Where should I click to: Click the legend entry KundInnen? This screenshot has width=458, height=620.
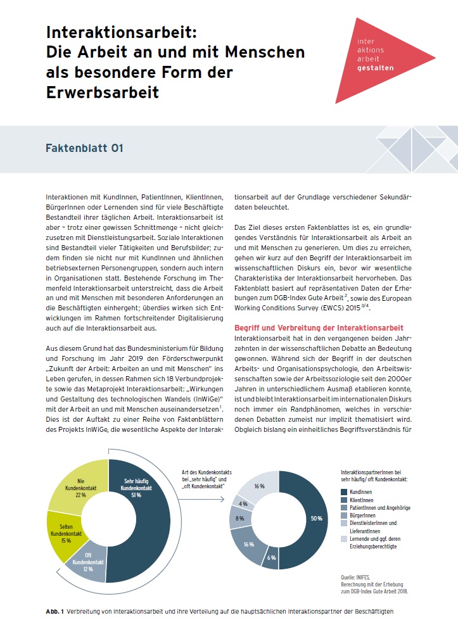(363, 491)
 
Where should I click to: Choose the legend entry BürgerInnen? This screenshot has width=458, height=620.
(367, 517)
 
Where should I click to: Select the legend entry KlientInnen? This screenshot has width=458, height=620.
(364, 500)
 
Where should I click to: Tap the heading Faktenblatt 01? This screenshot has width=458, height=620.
(84, 149)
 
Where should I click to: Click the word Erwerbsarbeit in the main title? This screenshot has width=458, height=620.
(102, 92)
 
